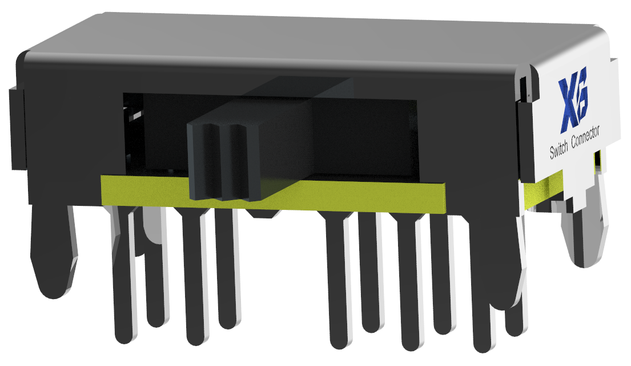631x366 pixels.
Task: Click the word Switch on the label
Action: [562, 150]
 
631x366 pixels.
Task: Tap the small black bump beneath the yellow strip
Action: [263, 215]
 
